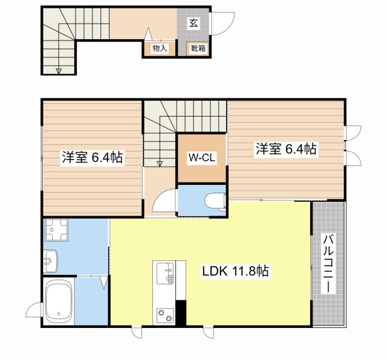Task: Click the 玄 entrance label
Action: [193, 24]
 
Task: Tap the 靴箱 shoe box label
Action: [198, 48]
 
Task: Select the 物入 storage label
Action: [160, 48]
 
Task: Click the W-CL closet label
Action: [202, 158]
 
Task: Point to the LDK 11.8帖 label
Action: [235, 271]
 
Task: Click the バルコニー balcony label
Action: [328, 264]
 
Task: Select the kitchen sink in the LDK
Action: [165, 272]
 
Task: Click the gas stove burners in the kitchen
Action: [165, 316]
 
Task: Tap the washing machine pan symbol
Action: [56, 230]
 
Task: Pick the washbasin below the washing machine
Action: [51, 261]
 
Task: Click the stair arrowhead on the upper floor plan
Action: [59, 71]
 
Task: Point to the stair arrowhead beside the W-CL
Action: [160, 163]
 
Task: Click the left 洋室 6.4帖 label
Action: [93, 157]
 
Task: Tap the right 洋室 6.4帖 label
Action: [286, 149]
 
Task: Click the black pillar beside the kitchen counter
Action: [181, 312]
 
